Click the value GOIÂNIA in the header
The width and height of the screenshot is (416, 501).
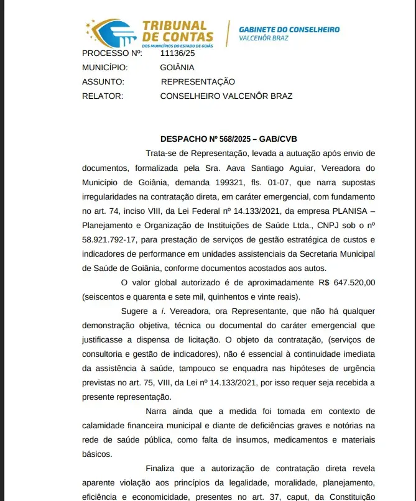(x=177, y=67)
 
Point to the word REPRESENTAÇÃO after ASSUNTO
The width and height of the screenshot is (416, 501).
(x=198, y=81)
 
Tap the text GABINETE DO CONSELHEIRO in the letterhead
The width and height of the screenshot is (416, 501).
(x=289, y=30)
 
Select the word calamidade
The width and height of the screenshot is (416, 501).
(x=106, y=425)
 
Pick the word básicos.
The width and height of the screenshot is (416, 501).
(x=96, y=454)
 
